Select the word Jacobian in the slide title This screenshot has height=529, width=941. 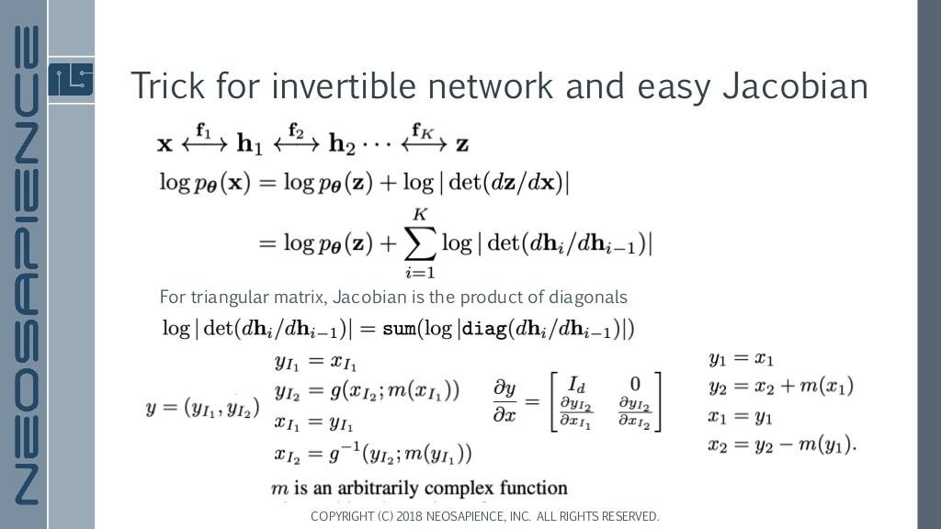pyautogui.click(x=795, y=85)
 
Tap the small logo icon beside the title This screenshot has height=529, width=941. pyautogui.click(x=71, y=80)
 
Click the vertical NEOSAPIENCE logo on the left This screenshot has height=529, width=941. pyautogui.click(x=25, y=264)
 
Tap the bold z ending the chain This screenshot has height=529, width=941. pyautogui.click(x=462, y=144)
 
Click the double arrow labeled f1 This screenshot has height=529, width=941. pyautogui.click(x=204, y=140)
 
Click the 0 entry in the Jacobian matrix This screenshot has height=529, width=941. pyautogui.click(x=629, y=382)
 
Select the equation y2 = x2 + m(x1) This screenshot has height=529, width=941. pyautogui.click(x=780, y=387)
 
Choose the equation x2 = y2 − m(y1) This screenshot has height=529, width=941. pyautogui.click(x=782, y=446)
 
